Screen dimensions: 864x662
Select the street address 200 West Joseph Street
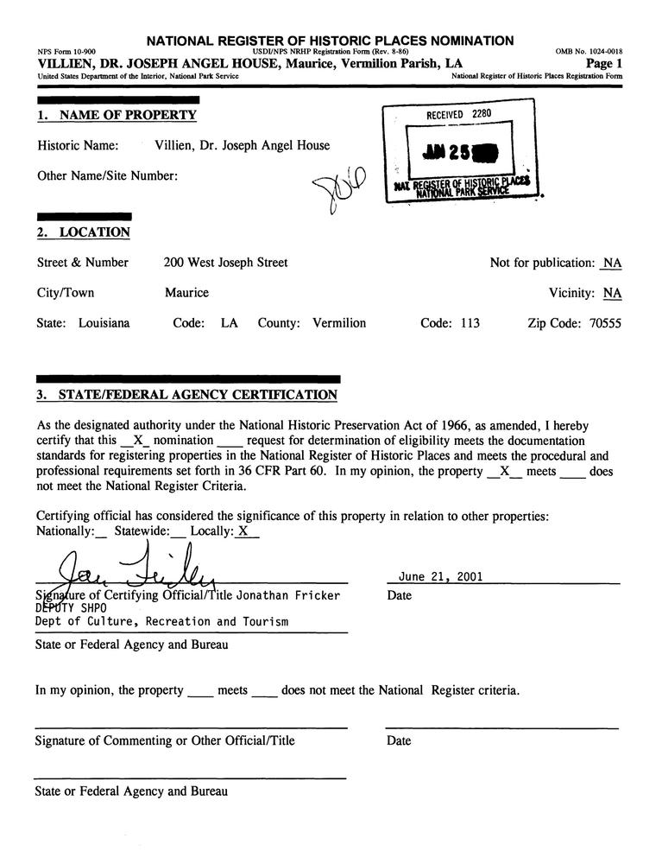click(226, 263)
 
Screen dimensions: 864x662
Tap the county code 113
click(470, 323)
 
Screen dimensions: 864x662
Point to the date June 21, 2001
click(440, 577)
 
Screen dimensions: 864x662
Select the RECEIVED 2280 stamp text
click(457, 114)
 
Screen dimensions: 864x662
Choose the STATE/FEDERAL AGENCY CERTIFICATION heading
click(197, 395)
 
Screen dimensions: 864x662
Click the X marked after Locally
click(243, 531)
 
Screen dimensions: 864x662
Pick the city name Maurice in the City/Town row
click(186, 293)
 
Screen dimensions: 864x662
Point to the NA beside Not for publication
click(612, 263)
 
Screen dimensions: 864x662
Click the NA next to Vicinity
click(612, 293)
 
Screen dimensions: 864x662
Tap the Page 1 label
click(603, 64)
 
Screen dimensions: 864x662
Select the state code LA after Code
click(229, 323)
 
